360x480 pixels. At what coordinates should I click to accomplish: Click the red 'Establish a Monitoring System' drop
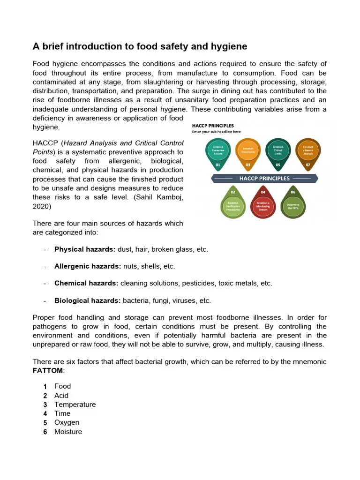point(263,205)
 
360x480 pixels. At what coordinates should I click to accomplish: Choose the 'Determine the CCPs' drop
point(293,205)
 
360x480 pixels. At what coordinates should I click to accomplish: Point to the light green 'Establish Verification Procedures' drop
point(233,205)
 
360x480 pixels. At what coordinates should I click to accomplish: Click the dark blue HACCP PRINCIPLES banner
point(264,179)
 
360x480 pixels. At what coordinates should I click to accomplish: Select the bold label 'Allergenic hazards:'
point(88,266)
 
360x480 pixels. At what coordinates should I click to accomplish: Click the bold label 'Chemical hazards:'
point(86,283)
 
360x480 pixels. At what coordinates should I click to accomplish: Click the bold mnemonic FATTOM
point(47,371)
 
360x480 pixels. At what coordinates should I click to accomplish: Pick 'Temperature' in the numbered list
point(75,405)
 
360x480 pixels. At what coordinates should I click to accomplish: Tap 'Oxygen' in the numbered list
point(67,422)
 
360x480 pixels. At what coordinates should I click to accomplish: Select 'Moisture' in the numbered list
point(68,432)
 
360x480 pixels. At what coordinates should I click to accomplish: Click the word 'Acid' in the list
point(61,396)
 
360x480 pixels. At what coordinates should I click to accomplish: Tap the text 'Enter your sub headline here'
point(216,132)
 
